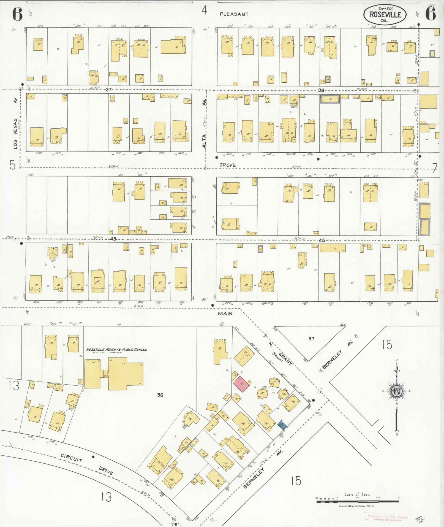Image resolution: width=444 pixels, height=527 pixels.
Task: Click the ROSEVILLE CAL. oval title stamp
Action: coord(385,14)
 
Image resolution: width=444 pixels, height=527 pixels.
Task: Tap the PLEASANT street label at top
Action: coord(234,14)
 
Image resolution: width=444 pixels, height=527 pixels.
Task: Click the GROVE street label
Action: coord(227,165)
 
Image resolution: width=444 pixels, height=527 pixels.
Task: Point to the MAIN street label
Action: coord(225,314)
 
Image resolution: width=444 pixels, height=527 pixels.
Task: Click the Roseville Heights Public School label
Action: coord(116,350)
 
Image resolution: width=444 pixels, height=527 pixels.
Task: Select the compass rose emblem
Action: coord(397,391)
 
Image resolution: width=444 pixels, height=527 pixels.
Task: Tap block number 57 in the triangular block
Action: coord(311,339)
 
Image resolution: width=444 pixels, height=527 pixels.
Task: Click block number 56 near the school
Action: coord(160,395)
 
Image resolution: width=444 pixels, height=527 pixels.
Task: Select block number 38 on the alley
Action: coord(321,90)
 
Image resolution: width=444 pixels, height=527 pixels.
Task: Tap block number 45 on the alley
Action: coord(322,240)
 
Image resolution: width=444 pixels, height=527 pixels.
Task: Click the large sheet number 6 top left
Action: coord(17,14)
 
